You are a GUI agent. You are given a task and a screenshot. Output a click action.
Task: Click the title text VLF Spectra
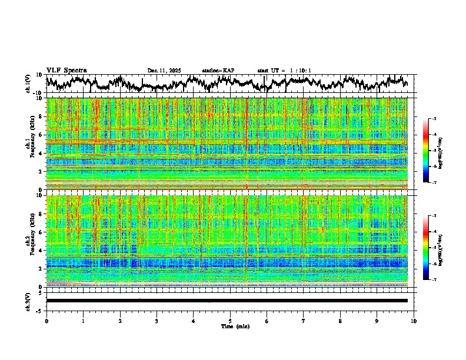tap(66, 70)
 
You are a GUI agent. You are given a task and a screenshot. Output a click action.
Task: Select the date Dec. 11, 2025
tap(164, 71)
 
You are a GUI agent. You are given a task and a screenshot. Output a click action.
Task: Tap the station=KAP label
tap(218, 71)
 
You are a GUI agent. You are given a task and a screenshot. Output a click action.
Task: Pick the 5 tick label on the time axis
tap(230, 321)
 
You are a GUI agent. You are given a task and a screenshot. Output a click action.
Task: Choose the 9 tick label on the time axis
tap(377, 321)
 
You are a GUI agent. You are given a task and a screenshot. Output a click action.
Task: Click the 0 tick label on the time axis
tap(46, 321)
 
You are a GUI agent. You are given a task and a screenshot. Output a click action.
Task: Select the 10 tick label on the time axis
tap(414, 321)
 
